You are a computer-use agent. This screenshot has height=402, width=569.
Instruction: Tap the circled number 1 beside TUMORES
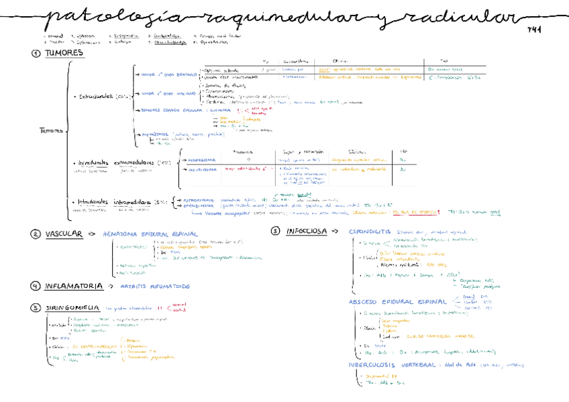coord(36,54)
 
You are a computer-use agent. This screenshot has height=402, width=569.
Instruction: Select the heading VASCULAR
coord(64,234)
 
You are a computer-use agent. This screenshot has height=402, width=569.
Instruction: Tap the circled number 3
coord(275,232)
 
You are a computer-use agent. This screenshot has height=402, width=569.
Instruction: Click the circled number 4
coord(36,286)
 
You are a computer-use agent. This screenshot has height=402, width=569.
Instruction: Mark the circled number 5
coord(36,308)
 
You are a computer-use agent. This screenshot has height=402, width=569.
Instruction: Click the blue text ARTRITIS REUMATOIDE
coord(155,286)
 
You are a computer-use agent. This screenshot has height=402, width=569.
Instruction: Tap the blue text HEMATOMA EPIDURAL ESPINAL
coord(150,234)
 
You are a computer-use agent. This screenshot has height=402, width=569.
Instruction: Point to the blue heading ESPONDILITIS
coord(370,232)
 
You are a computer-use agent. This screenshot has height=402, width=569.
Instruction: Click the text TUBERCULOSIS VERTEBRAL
coord(392,366)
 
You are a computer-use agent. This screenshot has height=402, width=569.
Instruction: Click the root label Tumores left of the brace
coord(51,131)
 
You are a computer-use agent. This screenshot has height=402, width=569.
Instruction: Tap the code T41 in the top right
coord(534,30)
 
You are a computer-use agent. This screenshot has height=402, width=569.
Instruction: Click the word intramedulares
coord(132,201)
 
